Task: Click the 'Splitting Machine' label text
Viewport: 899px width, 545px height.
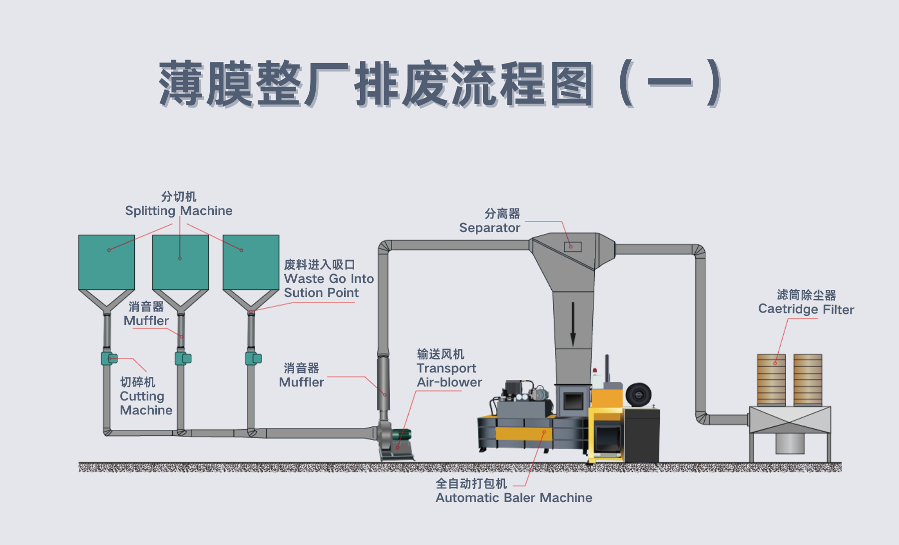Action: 178,211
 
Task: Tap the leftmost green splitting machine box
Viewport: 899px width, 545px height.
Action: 106,262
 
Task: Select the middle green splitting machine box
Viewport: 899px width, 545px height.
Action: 180,262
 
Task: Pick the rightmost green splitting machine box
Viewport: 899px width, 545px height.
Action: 251,262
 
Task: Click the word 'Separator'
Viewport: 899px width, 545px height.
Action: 489,228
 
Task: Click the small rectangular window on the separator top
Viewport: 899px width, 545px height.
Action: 573,246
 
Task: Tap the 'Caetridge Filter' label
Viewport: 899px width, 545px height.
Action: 806,309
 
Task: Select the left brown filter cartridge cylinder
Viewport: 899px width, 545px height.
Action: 771,379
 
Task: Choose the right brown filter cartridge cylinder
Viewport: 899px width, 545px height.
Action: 808,379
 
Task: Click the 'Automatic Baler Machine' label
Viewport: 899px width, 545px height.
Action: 513,498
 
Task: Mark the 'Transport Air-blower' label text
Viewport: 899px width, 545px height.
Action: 449,375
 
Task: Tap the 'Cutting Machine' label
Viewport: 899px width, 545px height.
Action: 146,403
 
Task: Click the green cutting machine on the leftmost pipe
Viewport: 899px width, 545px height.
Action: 108,358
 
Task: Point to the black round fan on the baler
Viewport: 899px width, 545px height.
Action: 638,395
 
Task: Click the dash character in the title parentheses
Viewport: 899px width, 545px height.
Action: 670,82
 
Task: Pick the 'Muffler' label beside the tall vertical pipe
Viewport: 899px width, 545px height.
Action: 301,382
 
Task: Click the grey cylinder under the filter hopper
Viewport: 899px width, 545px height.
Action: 790,443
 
